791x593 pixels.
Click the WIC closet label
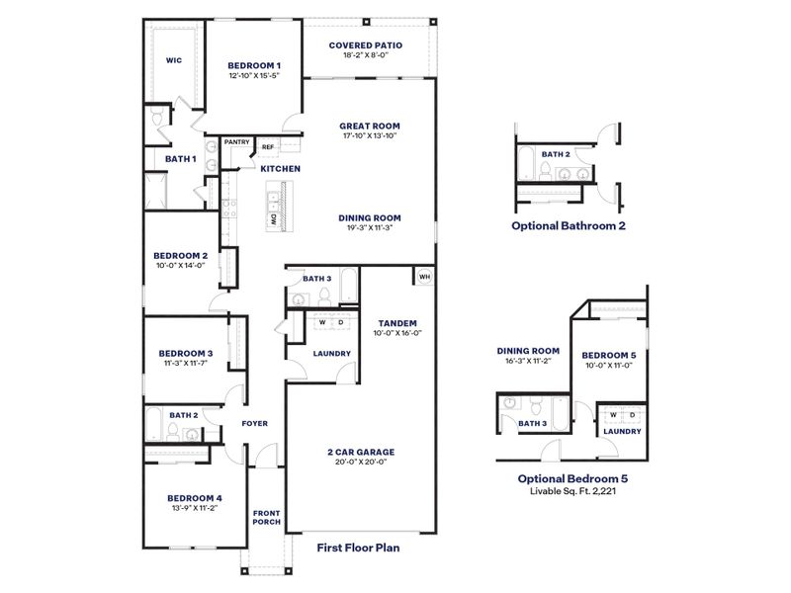click(x=173, y=60)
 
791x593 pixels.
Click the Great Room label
click(x=369, y=126)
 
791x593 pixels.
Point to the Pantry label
click(x=236, y=142)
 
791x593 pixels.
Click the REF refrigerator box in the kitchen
click(x=267, y=147)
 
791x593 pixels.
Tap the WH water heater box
click(x=424, y=277)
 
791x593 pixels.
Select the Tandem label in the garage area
click(x=396, y=323)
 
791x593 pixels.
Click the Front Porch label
click(x=265, y=518)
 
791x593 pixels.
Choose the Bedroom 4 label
click(x=194, y=497)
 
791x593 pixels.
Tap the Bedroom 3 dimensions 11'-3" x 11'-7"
click(x=186, y=364)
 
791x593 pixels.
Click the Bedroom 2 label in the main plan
click(x=179, y=254)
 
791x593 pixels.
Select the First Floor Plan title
click(x=357, y=546)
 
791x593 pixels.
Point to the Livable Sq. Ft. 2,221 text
click(x=574, y=490)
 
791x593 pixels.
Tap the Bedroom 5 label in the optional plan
click(x=607, y=355)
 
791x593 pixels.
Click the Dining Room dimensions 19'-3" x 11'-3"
click(x=369, y=228)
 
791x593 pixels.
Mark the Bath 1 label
click(x=180, y=158)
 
